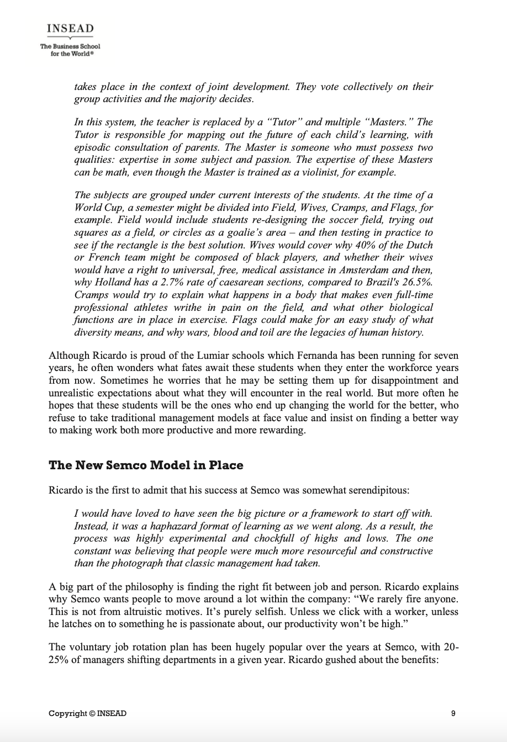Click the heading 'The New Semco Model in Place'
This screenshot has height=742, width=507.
coord(146,465)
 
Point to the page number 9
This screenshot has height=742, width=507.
coord(453,713)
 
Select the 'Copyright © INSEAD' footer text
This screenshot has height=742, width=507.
coord(87,713)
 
